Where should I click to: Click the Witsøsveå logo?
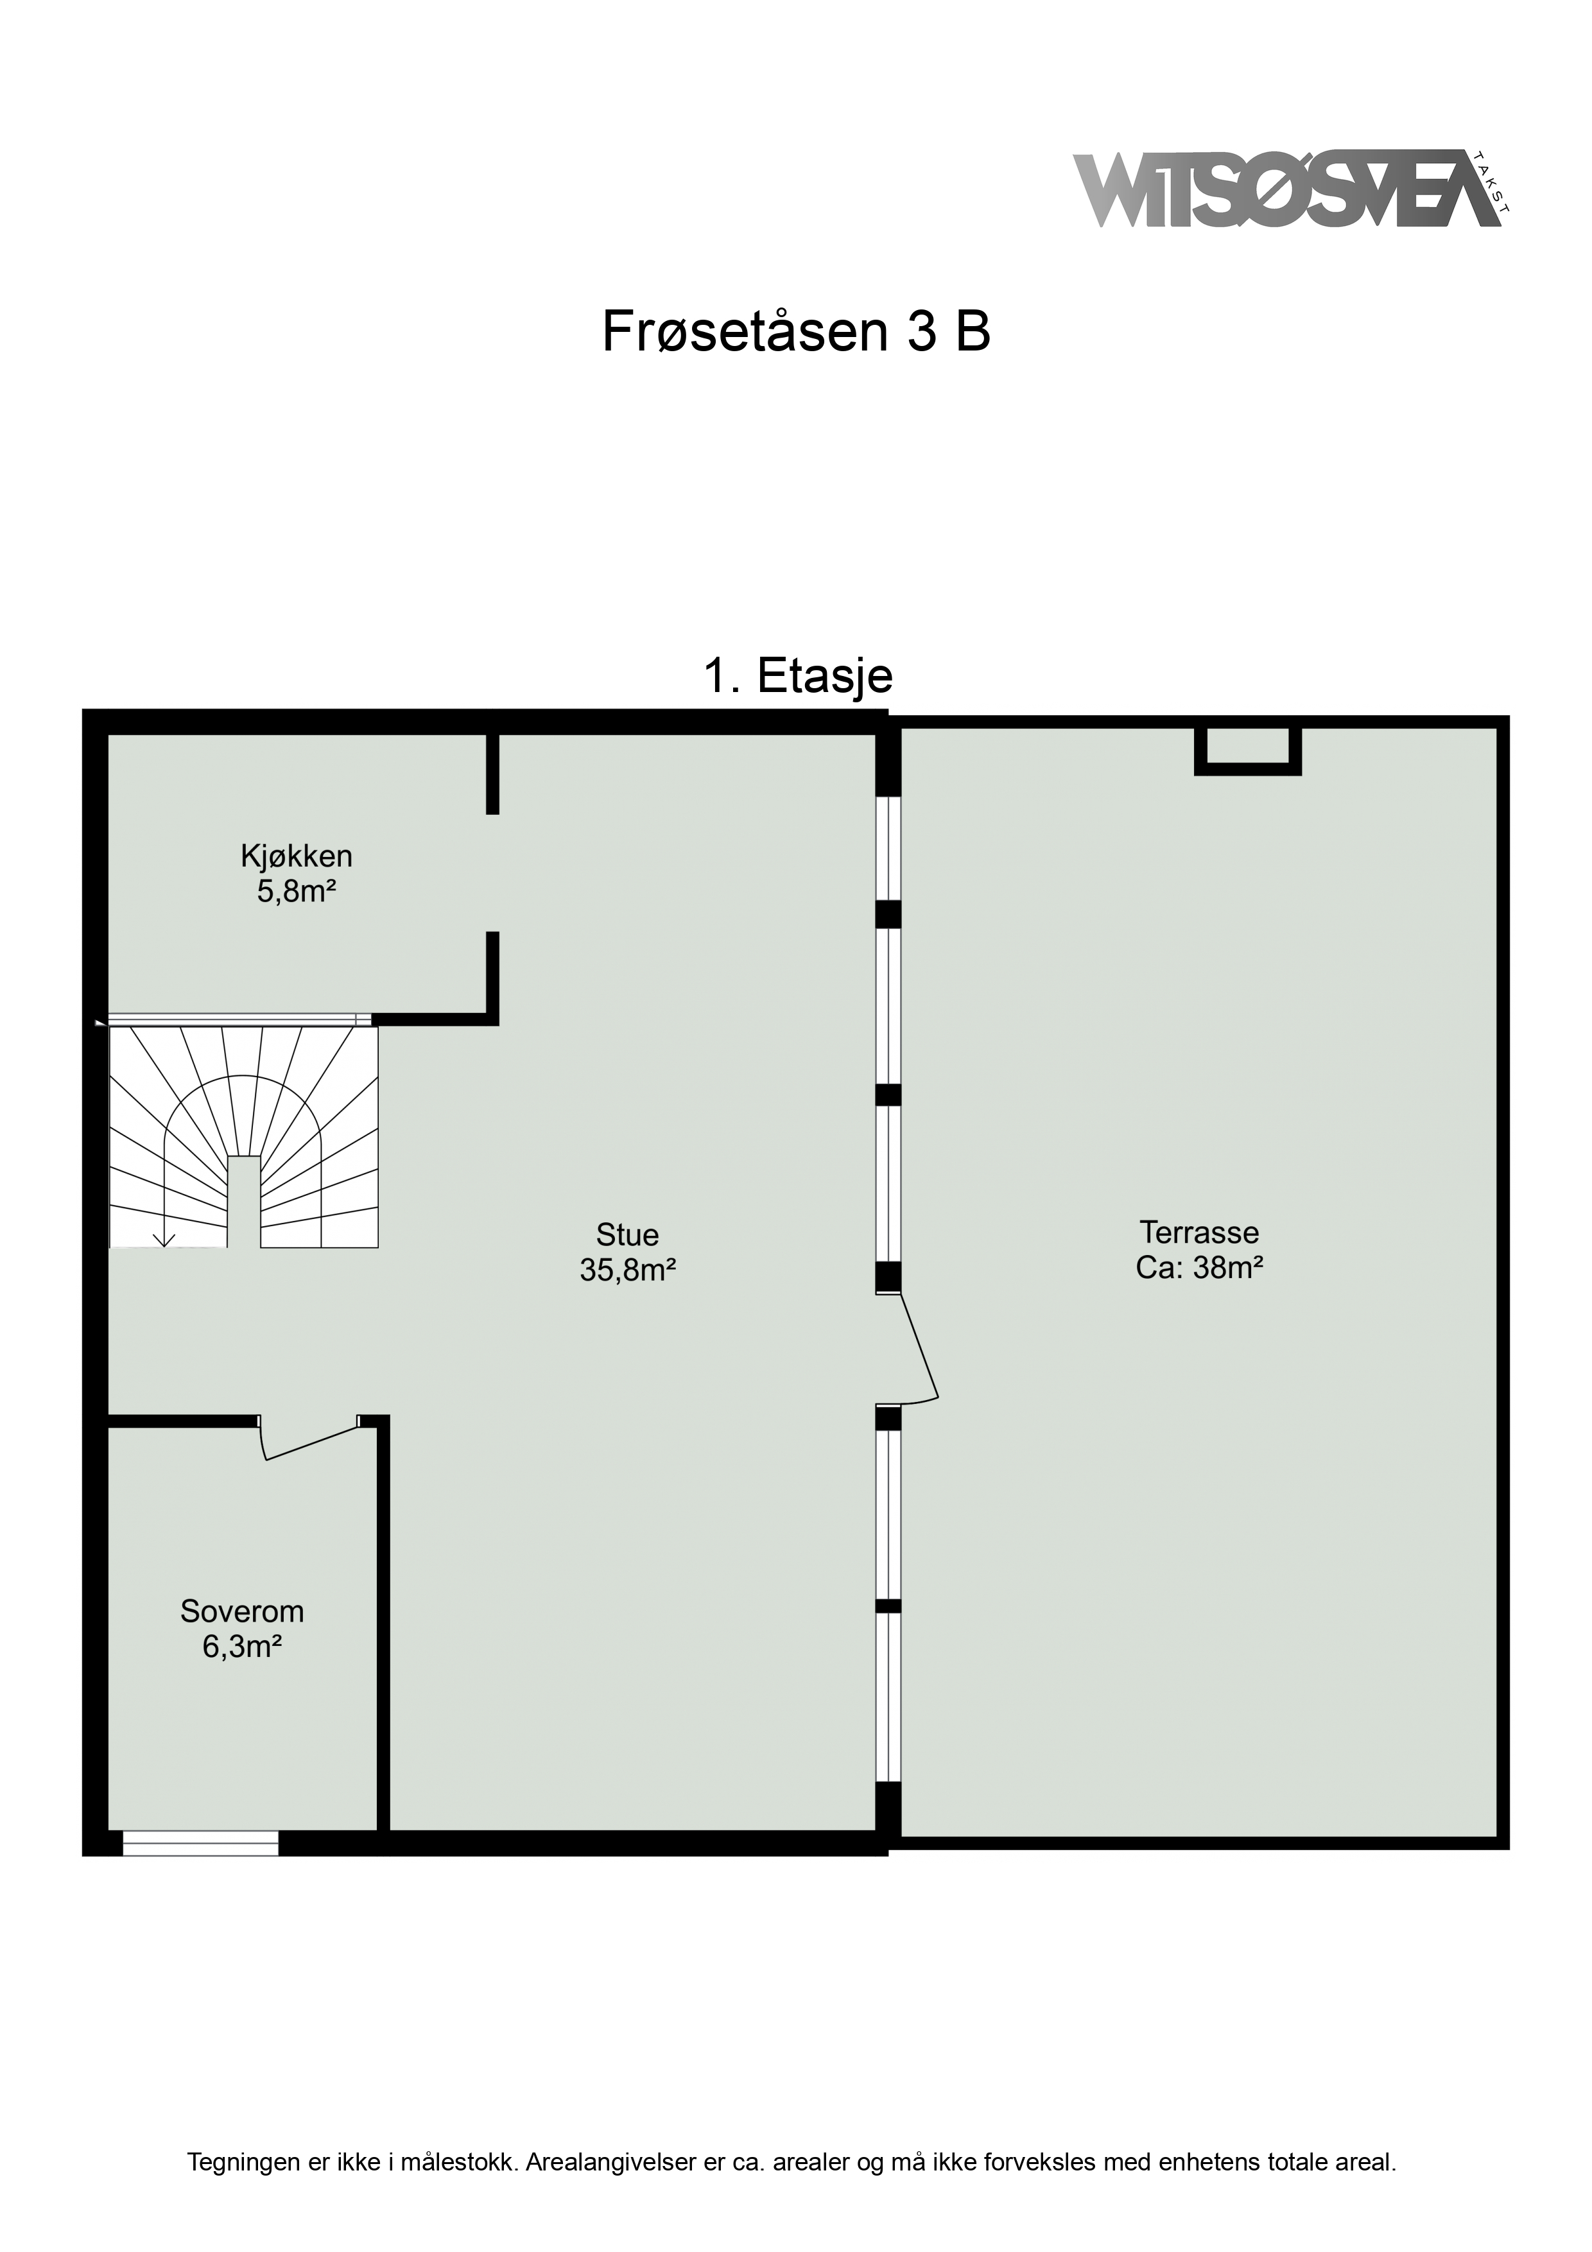coord(1290,189)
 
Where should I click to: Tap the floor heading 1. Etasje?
coord(797,676)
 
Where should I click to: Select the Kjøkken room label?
coord(296,856)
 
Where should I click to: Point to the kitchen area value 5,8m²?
coord(290,892)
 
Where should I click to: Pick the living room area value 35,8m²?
coord(628,1270)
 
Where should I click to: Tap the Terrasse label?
coord(1198,1232)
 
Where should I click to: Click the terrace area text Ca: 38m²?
coord(1198,1269)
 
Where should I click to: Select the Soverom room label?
coord(242,1611)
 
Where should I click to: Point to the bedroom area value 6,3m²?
coord(242,1647)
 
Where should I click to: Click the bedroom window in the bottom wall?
coord(200,1843)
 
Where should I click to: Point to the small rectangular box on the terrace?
coord(1248,750)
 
